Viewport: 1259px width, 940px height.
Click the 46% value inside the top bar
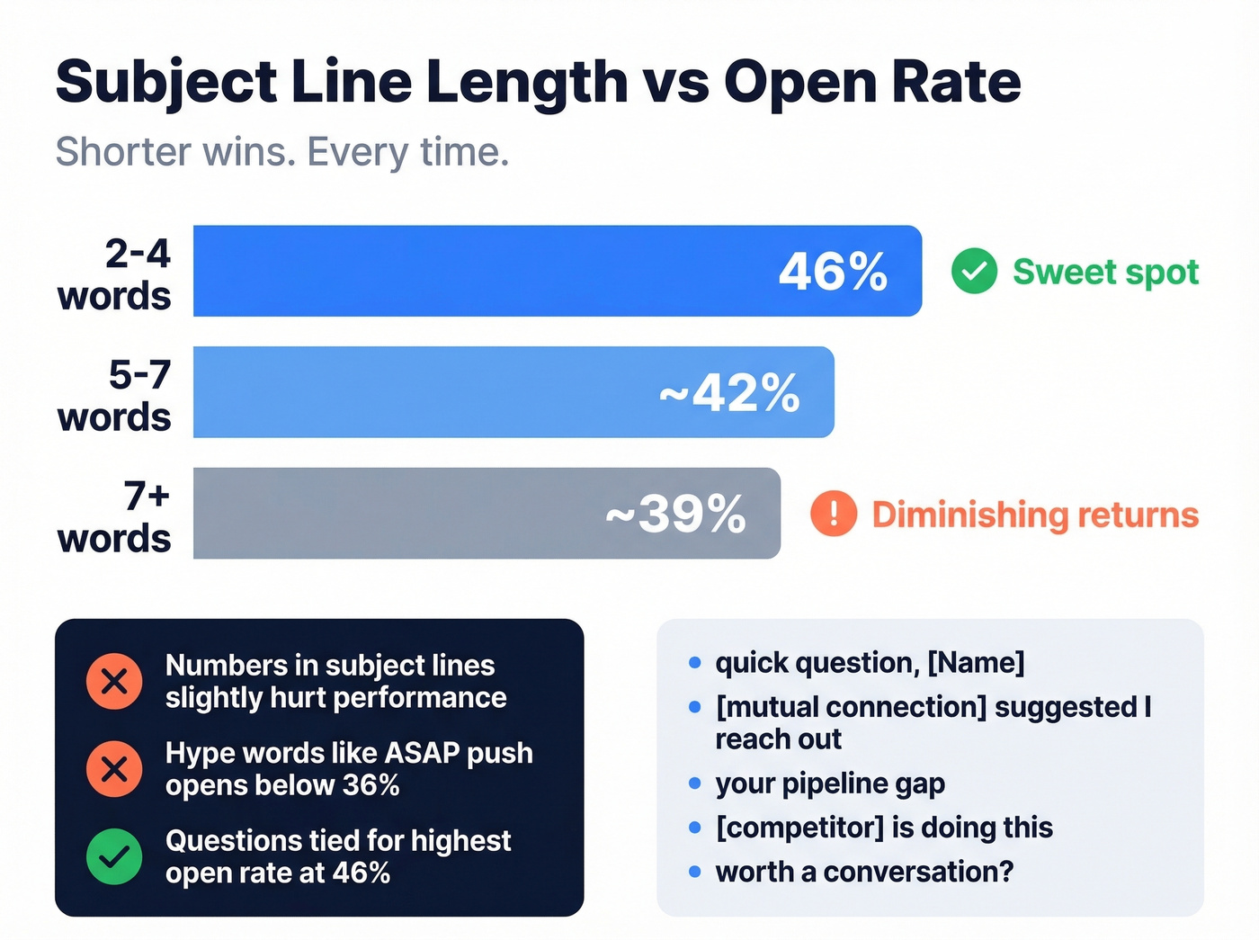[833, 272]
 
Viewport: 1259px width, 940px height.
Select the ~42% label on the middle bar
[729, 393]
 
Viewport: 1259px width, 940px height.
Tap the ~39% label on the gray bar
[675, 515]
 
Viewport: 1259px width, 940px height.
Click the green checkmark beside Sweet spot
[974, 271]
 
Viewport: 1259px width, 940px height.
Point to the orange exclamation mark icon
[834, 514]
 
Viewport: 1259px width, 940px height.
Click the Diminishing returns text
[1035, 515]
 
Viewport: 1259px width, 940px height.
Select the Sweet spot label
[1105, 272]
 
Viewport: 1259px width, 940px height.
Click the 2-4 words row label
[115, 274]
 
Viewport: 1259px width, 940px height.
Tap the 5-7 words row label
[115, 396]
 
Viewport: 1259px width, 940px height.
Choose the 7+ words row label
[115, 517]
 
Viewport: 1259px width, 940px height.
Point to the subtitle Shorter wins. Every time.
[282, 151]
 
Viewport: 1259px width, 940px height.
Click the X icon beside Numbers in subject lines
[114, 681]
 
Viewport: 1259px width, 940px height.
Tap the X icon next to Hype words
[114, 769]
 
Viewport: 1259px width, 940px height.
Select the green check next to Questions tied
[114, 856]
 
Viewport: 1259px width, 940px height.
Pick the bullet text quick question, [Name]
[870, 663]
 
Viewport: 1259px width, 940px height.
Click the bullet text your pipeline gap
[830, 783]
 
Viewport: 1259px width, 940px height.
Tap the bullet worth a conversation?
[864, 872]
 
